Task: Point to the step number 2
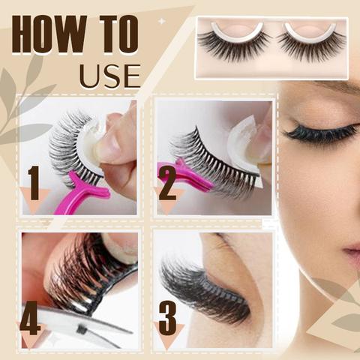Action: [x=166, y=182]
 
